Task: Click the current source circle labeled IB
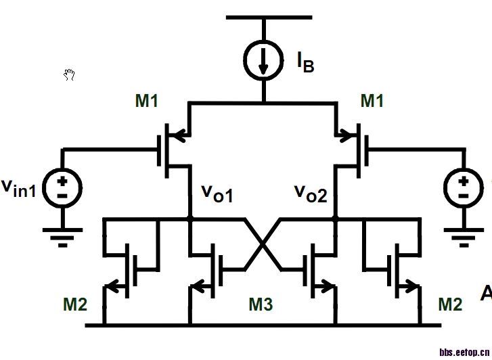pyautogui.click(x=264, y=58)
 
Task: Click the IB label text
pyautogui.click(x=305, y=63)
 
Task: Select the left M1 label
pyautogui.click(x=147, y=102)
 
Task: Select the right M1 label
pyautogui.click(x=372, y=102)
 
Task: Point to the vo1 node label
pyautogui.click(x=217, y=194)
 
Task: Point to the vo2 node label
pyautogui.click(x=310, y=194)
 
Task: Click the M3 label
pyautogui.click(x=261, y=305)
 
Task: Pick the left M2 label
pyautogui.click(x=75, y=305)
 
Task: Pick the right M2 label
pyautogui.click(x=450, y=305)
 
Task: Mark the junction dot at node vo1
pyautogui.click(x=189, y=219)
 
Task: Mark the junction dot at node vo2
pyautogui.click(x=336, y=219)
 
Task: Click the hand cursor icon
pyautogui.click(x=69, y=74)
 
